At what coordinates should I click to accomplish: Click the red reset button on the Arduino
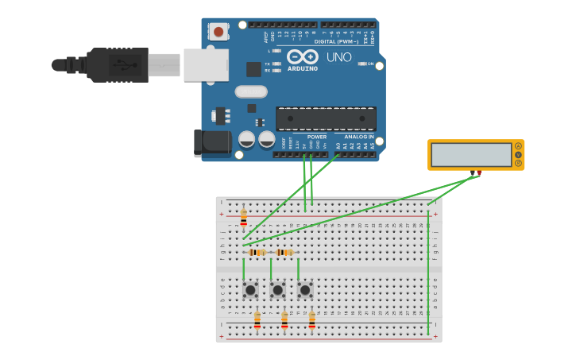[x=218, y=32]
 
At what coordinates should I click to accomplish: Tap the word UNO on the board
[x=338, y=57]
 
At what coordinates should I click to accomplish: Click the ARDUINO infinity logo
[x=303, y=57]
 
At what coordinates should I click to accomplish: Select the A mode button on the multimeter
[x=518, y=145]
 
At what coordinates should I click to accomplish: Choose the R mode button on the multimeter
[x=518, y=164]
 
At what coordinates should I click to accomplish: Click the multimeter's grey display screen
[x=471, y=154]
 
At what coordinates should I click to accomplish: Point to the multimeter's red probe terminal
[x=478, y=172]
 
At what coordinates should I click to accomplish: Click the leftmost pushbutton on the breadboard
[x=250, y=290]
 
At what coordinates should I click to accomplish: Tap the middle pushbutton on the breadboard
[x=277, y=290]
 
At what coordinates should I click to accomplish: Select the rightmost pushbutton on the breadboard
[x=305, y=290]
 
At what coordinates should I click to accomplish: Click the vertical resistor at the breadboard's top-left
[x=244, y=217]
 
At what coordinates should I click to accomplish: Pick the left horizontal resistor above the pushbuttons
[x=257, y=253]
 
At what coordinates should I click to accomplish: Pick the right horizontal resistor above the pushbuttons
[x=284, y=253]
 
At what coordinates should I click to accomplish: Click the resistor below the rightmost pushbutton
[x=311, y=319]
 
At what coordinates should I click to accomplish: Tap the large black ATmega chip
[x=326, y=118]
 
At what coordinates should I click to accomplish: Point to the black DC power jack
[x=212, y=143]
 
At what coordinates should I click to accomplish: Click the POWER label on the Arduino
[x=316, y=137]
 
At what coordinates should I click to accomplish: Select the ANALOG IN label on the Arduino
[x=358, y=137]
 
